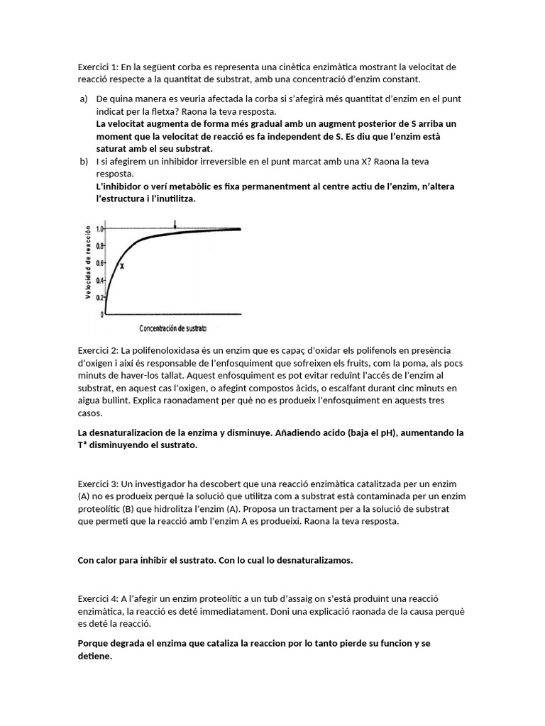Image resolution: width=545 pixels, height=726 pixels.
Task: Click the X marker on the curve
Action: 121,266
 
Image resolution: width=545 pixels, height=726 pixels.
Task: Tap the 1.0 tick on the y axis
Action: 100,229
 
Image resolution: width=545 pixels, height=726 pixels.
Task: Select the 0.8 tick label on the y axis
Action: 100,246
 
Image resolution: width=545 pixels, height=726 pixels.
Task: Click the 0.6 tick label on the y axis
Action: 100,263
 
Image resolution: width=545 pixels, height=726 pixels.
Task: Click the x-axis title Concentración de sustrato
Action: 172,328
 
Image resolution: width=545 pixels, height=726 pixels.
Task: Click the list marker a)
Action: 83,99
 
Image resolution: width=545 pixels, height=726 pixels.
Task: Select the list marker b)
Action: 83,162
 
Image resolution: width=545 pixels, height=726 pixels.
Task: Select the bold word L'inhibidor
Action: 121,186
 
